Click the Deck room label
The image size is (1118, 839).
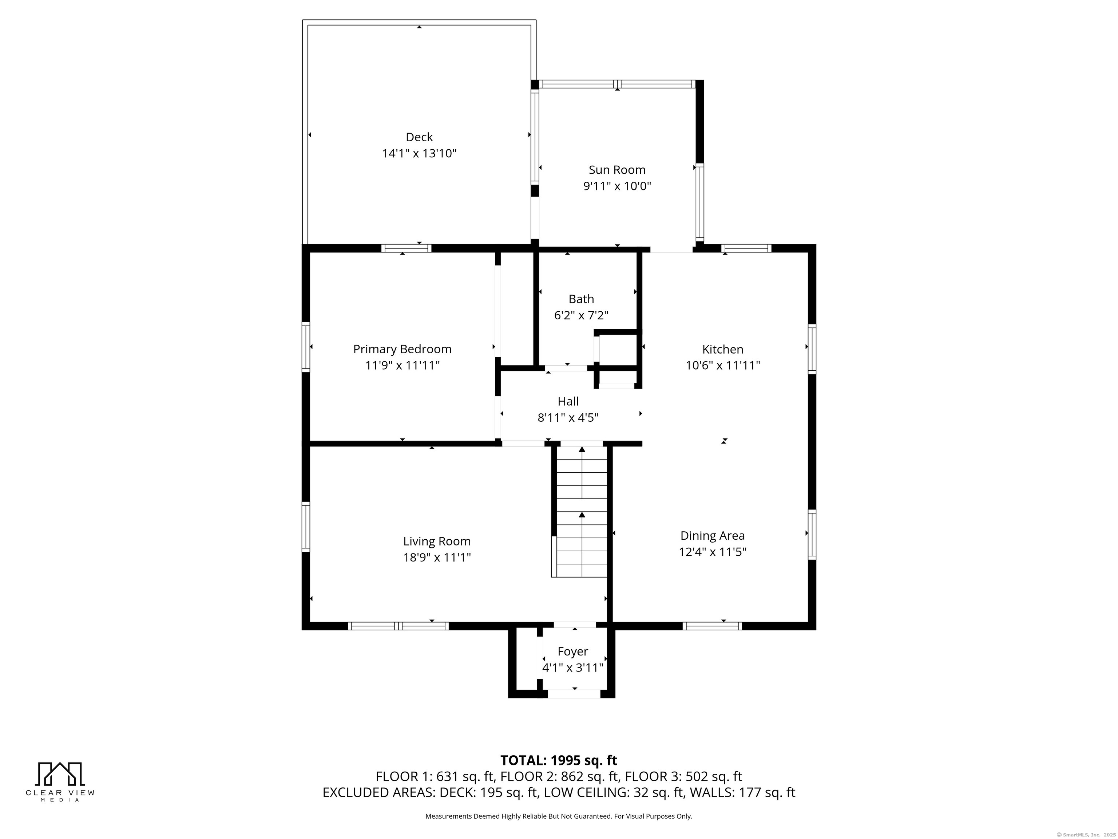point(419,137)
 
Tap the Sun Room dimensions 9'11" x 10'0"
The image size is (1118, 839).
point(617,186)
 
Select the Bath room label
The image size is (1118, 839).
point(581,299)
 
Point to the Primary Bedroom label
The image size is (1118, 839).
point(402,349)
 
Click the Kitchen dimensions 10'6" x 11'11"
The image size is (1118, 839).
point(723,365)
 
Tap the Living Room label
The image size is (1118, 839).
point(437,541)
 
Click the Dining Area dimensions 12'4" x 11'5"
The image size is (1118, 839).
point(713,552)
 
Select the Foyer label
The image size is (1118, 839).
point(572,652)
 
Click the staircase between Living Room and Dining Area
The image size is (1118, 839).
point(582,511)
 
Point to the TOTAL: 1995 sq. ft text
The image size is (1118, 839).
point(559,760)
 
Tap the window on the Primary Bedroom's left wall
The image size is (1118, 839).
point(306,347)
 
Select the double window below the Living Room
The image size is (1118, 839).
point(398,626)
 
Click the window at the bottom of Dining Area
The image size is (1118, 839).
point(712,626)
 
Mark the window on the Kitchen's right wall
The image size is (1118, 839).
point(812,349)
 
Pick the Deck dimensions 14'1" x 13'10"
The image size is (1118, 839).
point(419,153)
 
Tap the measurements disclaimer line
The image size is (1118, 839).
point(559,816)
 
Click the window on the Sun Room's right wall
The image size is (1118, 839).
point(700,203)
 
